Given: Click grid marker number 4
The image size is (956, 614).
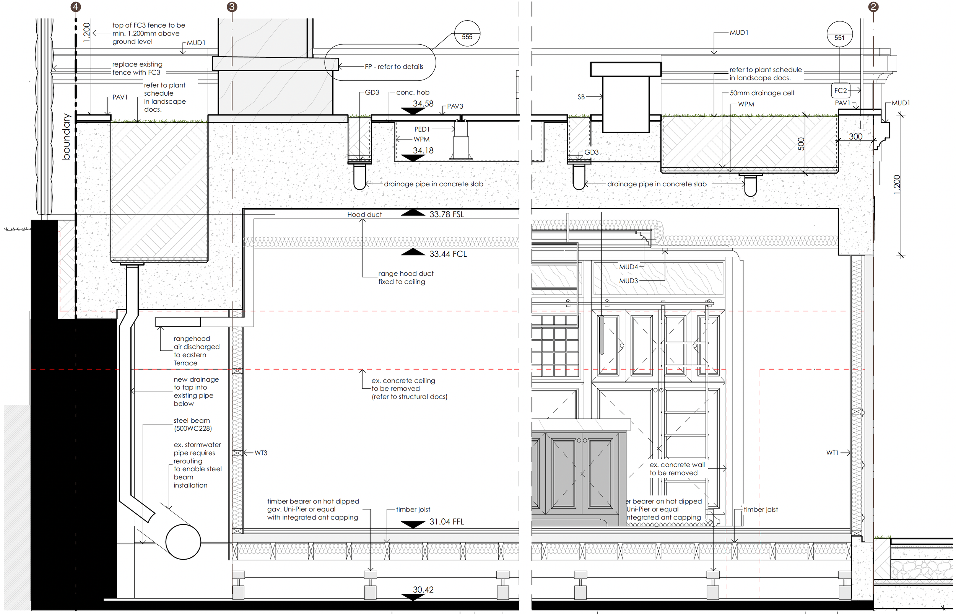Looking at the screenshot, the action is click(x=75, y=7).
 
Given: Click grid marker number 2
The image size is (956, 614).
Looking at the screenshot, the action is click(x=873, y=7).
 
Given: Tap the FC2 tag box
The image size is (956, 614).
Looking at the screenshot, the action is click(x=841, y=91).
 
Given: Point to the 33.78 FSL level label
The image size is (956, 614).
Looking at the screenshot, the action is click(x=447, y=215).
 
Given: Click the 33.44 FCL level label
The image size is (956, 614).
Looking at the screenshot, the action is click(x=448, y=254).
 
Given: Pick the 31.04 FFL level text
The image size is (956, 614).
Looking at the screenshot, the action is click(x=447, y=521).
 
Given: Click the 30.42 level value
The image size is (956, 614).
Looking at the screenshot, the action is click(x=423, y=589).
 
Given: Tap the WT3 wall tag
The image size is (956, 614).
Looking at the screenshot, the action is click(x=261, y=453).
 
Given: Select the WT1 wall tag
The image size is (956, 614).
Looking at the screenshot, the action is click(x=832, y=453).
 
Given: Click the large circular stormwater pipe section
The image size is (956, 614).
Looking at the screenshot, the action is click(x=183, y=542).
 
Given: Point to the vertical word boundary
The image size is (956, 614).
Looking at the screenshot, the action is click(x=66, y=136).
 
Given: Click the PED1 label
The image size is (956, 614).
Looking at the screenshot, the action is click(x=422, y=129).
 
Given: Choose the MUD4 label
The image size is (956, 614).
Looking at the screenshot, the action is click(x=628, y=267).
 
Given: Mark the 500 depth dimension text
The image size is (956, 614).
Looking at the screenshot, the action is click(x=801, y=144).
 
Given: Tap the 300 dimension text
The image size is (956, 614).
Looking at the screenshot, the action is click(x=855, y=136).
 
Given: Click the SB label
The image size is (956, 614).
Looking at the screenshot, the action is click(x=581, y=97).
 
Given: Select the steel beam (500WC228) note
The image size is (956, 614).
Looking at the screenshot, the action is click(x=192, y=425).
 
